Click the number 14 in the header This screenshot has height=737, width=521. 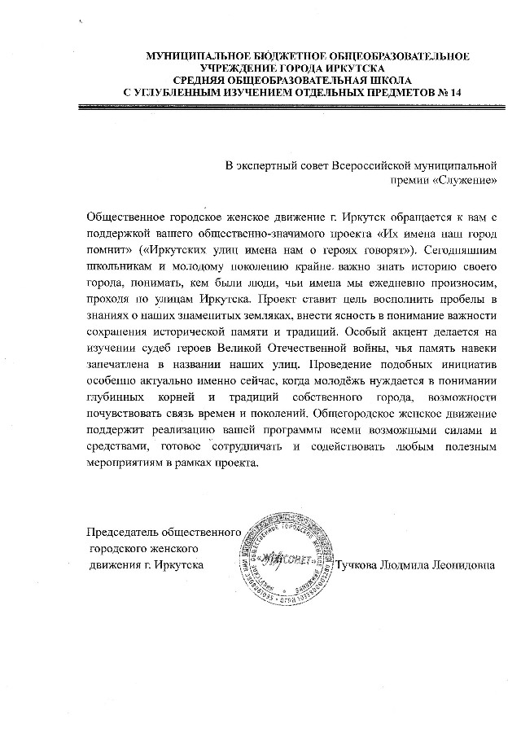tap(455, 92)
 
